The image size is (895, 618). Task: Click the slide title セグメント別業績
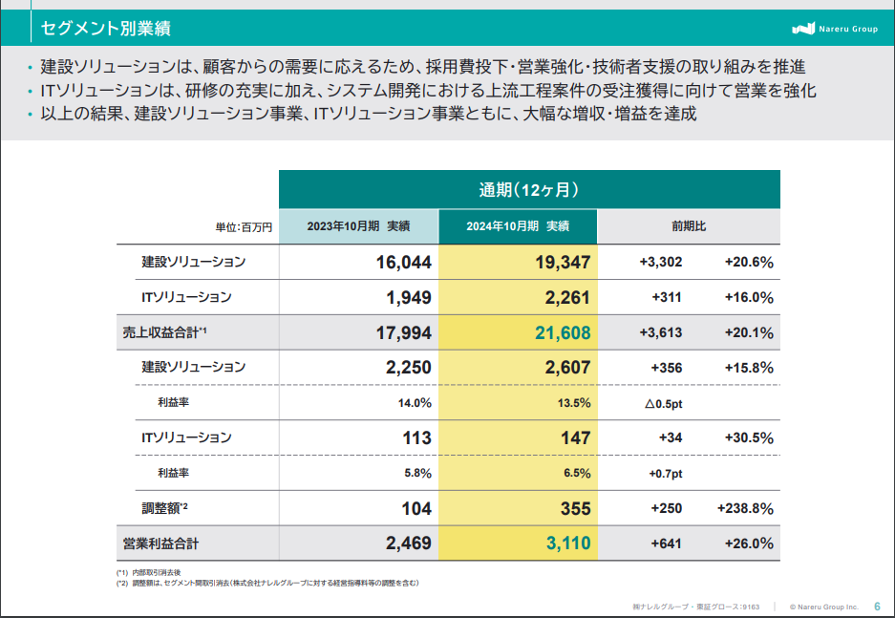[x=105, y=29]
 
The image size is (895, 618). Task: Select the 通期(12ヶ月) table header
[x=529, y=189]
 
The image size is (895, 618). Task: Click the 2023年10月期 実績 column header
[x=358, y=226]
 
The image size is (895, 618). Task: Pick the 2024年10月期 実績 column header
[x=518, y=226]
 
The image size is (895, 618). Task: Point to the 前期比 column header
[x=689, y=226]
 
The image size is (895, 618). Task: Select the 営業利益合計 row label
[x=160, y=543]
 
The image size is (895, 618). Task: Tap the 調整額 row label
[x=165, y=508]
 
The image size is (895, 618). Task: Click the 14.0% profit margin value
[x=415, y=403]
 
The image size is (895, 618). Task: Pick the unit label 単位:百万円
[x=244, y=227]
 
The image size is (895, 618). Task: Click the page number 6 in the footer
[x=877, y=606]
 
